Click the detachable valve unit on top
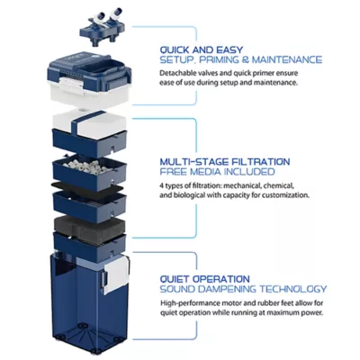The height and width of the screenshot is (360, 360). [102, 28]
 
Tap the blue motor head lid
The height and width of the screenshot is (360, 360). [89, 74]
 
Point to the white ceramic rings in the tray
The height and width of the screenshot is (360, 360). [88, 166]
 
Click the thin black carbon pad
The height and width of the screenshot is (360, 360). [87, 187]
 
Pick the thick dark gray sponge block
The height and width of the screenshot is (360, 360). [89, 227]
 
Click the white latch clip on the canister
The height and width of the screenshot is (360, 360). [116, 274]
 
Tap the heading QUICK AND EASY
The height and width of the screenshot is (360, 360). [202, 49]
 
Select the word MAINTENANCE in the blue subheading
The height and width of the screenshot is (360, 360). [287, 59]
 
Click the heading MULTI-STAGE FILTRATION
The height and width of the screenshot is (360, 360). [225, 162]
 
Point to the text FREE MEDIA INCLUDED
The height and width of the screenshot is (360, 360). [217, 172]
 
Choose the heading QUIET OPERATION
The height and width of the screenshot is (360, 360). [204, 279]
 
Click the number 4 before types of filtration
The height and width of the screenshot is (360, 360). [162, 185]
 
